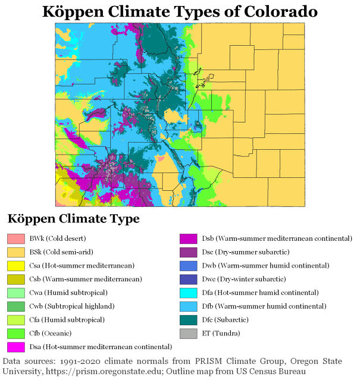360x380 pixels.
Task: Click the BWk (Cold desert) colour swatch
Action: [x=15, y=239]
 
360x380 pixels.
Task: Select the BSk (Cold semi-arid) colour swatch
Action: [x=15, y=252]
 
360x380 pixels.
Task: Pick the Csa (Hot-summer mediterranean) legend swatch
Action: [x=15, y=265]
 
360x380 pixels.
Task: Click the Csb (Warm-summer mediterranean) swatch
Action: [x=15, y=279]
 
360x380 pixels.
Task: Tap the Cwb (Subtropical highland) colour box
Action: [x=15, y=306]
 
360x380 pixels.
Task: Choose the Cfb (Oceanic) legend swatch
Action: [x=15, y=332]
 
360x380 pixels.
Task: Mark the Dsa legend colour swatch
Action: [x=15, y=346]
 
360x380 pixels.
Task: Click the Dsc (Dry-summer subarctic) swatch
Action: [x=189, y=252]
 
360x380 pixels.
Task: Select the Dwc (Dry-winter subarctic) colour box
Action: [x=189, y=279]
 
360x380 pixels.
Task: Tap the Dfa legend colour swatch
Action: [x=189, y=293]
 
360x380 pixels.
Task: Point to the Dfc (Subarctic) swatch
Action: [x=189, y=319]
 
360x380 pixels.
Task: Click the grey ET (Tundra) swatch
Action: [x=189, y=332]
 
